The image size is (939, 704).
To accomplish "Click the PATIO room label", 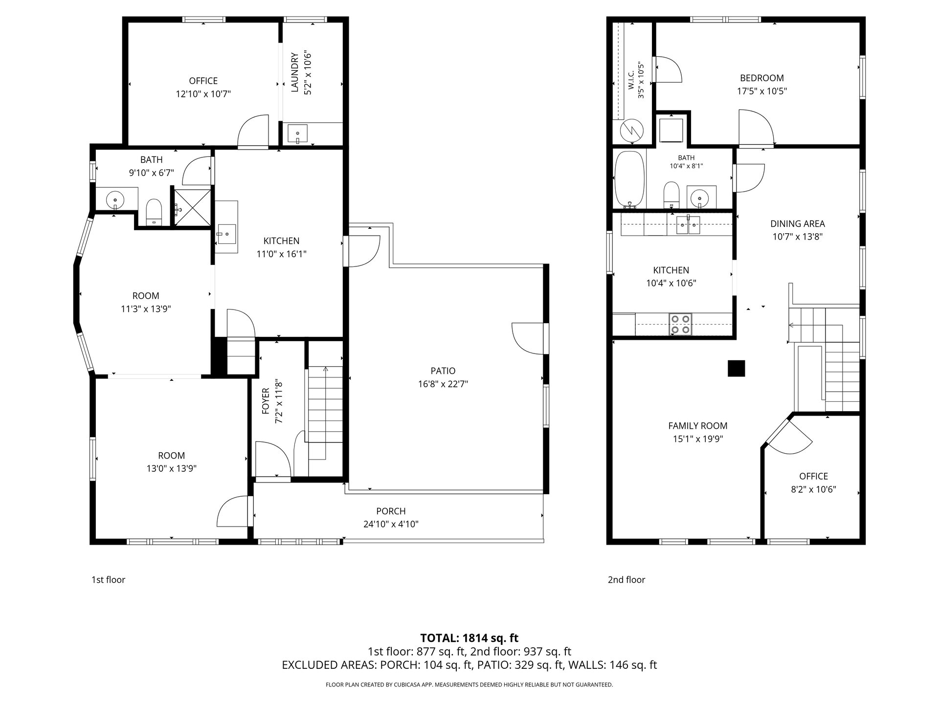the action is click(x=443, y=371).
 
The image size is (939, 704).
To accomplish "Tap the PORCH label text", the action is click(x=391, y=511).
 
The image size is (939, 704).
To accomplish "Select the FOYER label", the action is click(x=266, y=401).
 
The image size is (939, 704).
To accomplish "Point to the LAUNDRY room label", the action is click(x=294, y=72).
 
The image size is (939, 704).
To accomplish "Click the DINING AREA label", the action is click(x=798, y=224).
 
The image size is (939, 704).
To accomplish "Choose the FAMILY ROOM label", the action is click(x=698, y=426).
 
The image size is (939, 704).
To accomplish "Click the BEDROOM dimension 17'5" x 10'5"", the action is click(x=762, y=91).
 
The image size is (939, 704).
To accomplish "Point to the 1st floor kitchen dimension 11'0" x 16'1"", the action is click(x=281, y=254).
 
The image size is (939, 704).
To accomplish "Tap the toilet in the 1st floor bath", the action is click(x=154, y=212).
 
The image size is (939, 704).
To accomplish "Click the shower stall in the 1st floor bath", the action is click(x=193, y=207).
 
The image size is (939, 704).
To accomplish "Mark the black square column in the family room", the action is click(x=736, y=368).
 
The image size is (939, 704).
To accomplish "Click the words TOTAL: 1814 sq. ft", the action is click(x=469, y=638).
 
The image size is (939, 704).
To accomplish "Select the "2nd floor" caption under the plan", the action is click(x=626, y=580).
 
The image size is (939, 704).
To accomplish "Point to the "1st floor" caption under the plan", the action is click(x=108, y=580).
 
